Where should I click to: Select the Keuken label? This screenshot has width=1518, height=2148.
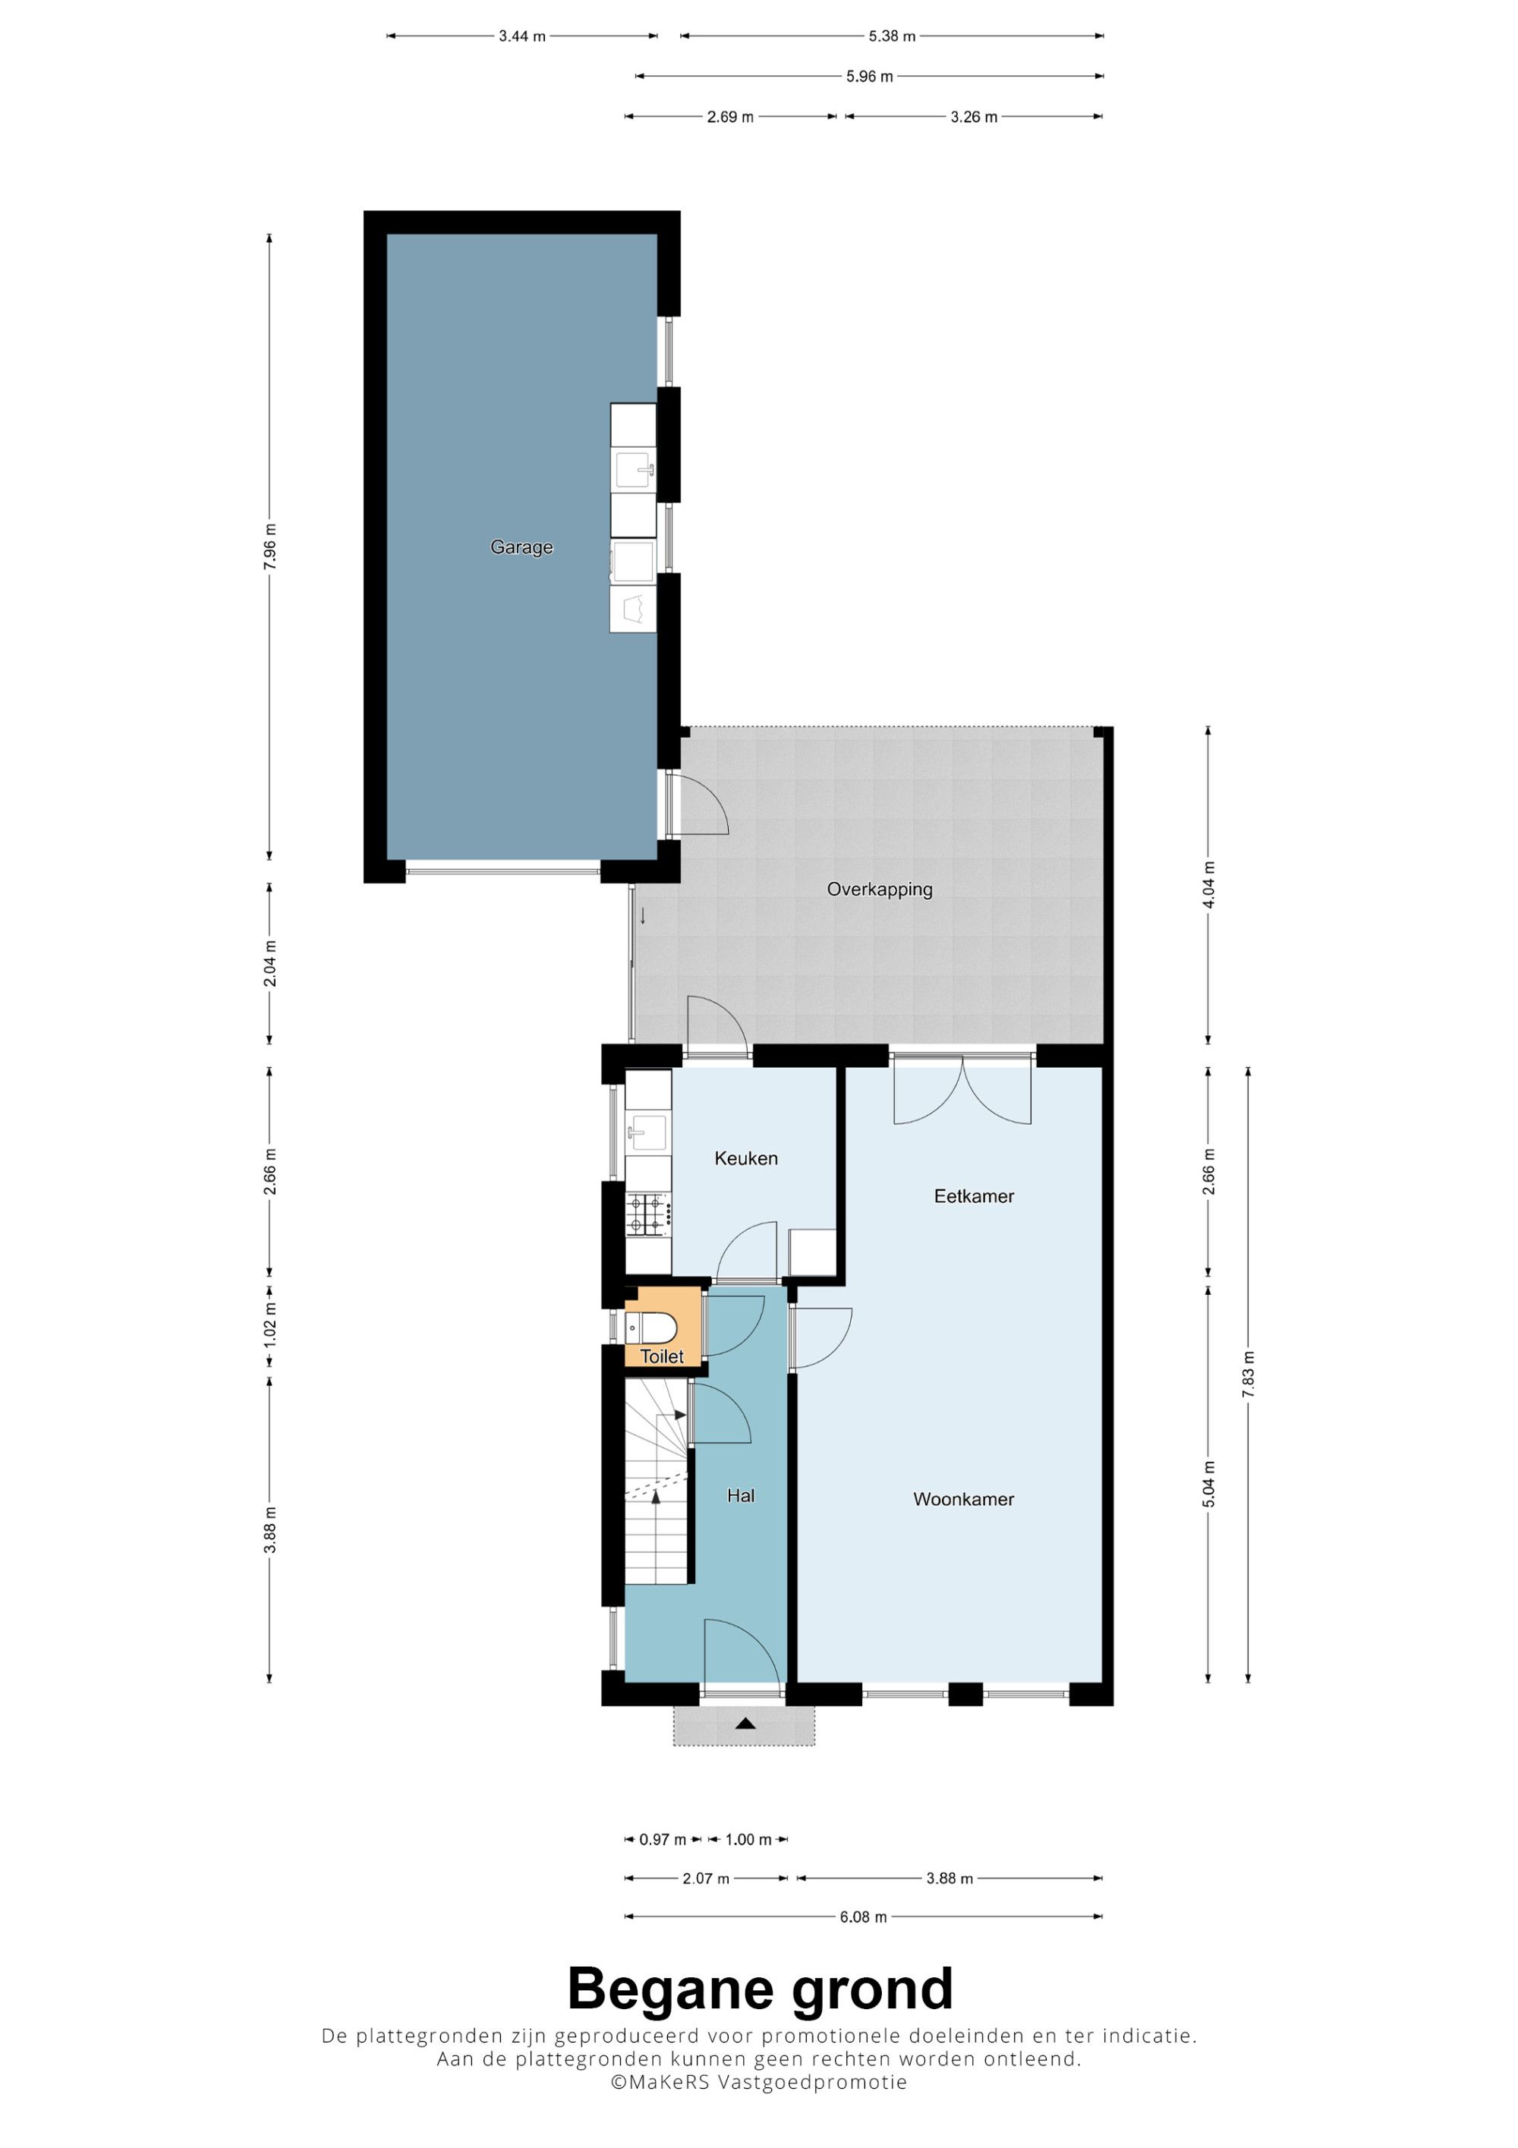pos(745,1158)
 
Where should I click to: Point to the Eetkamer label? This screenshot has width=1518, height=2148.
pos(974,1195)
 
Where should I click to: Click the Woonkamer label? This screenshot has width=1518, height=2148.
pos(963,1499)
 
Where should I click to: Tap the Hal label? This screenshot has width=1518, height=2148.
pos(741,1496)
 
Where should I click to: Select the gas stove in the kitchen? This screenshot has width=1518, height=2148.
pos(648,1214)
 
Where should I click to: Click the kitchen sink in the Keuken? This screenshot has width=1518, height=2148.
pos(647,1132)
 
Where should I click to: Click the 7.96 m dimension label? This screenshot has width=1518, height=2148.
pos(269,547)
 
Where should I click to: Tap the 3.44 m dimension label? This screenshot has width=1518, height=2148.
pos(522,36)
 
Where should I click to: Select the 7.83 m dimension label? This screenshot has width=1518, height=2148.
pos(1248,1375)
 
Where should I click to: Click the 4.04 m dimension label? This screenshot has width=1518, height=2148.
pos(1208,885)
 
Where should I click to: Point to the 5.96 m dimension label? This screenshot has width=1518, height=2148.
pos(869,77)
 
